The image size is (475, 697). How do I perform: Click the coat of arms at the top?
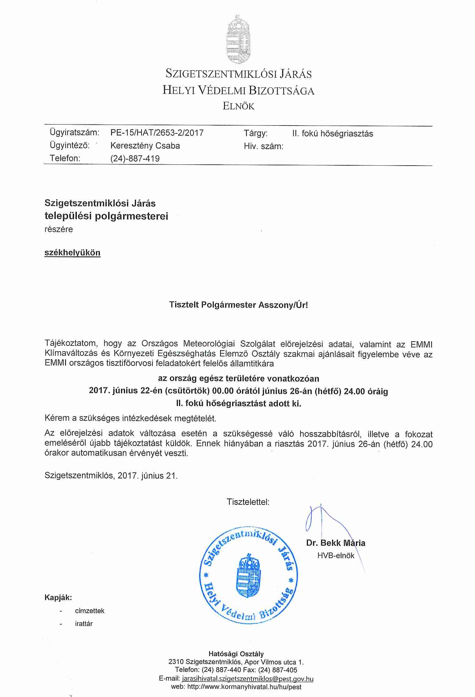[x=238, y=39]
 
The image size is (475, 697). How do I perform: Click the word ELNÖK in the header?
[x=238, y=106]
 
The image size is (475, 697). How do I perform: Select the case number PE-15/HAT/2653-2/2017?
[x=157, y=133]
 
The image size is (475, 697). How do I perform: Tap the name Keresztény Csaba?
[x=145, y=146]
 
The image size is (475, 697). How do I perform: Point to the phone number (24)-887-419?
[x=135, y=158]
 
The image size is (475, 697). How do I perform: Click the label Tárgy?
[x=255, y=133]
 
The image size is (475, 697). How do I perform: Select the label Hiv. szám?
[x=263, y=146]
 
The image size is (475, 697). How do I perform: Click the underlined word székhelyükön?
[x=72, y=252]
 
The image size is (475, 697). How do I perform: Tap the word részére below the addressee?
[x=58, y=229]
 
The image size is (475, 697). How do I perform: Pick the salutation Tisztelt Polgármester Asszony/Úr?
[x=238, y=305]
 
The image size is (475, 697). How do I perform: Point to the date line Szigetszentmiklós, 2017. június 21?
[x=111, y=475]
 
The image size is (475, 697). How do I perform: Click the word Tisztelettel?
[x=248, y=502]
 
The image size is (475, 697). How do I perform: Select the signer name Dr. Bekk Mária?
[x=336, y=543]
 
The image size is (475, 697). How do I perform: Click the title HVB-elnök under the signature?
[x=336, y=556]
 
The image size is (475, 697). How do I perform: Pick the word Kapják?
[x=58, y=597]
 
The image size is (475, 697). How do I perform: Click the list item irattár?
[x=84, y=624]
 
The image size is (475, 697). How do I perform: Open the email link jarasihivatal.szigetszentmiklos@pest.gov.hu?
[x=248, y=679]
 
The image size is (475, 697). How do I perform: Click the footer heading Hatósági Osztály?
[x=236, y=654]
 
